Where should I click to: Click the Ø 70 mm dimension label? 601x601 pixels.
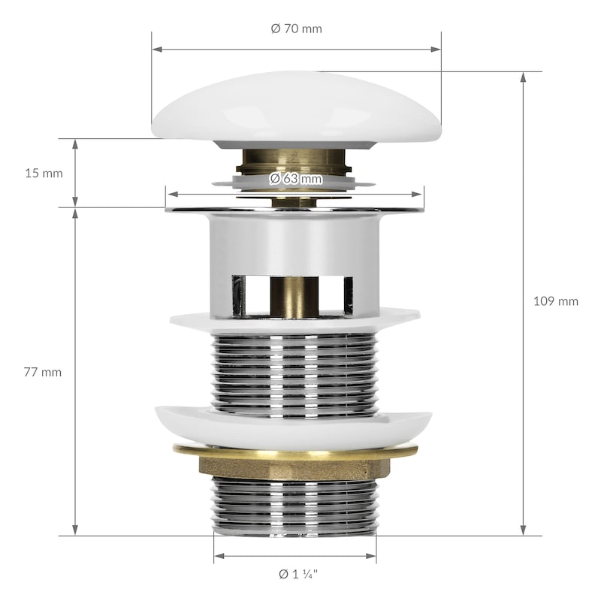tap(296, 29)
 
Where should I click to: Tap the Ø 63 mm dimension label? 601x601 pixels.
tap(295, 179)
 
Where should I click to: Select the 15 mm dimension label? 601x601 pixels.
tap(44, 174)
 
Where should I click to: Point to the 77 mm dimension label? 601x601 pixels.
tap(43, 372)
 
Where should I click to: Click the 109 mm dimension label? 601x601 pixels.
tap(556, 301)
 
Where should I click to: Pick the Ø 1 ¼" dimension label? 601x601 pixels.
tap(298, 574)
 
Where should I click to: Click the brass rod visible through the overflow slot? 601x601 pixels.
tap(294, 296)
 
